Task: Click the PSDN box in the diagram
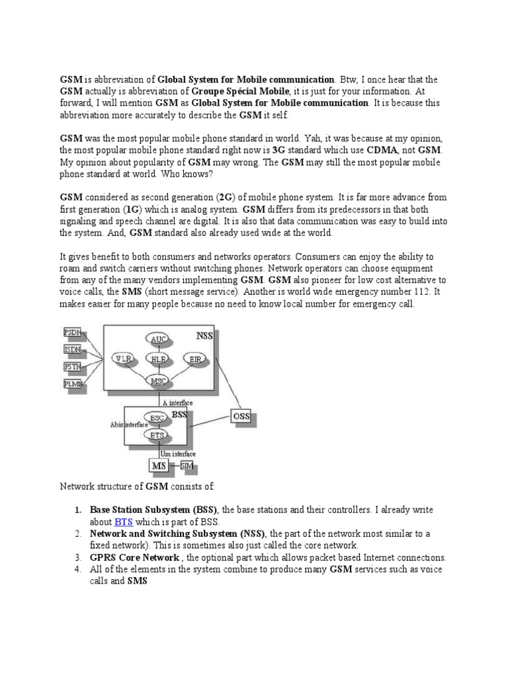[72, 333]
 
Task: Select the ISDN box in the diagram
[72, 349]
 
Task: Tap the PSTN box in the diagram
[72, 366]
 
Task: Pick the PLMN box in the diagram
[72, 383]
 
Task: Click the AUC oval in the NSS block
[159, 339]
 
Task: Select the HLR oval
[159, 358]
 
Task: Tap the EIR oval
[195, 358]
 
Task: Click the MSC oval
[159, 381]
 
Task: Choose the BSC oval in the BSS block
[157, 418]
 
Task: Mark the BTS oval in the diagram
[157, 435]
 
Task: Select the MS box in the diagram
[159, 467]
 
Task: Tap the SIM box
[187, 466]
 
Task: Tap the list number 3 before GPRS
[77, 557]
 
